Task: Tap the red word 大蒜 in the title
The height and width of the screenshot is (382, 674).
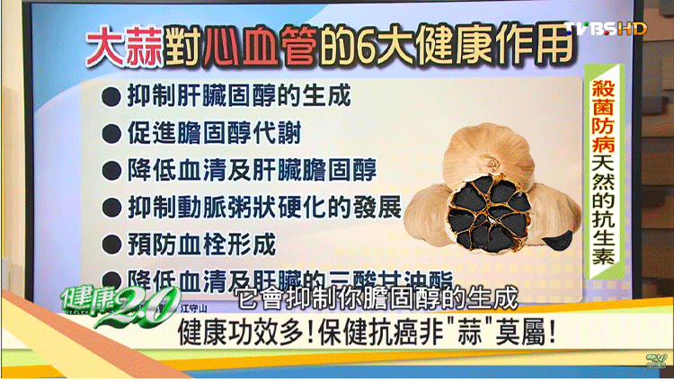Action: [x=124, y=44]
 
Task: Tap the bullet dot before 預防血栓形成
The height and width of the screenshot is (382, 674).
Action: [x=111, y=244]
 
